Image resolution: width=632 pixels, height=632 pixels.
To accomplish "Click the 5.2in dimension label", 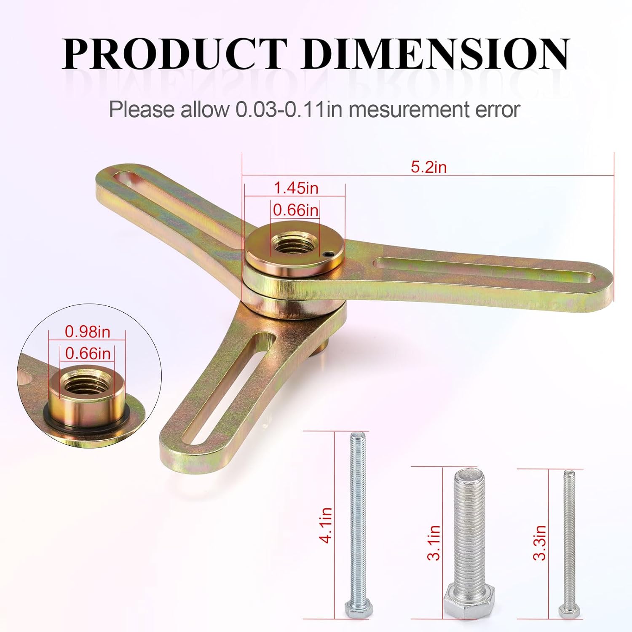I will pos(428,167).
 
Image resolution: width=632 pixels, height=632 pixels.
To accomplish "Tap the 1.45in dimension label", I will pos(296,188).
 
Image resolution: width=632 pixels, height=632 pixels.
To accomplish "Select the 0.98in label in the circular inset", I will pos(87,332).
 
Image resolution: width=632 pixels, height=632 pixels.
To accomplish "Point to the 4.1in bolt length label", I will pos(327,525).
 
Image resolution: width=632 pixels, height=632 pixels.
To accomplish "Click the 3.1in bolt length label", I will pos(434,543).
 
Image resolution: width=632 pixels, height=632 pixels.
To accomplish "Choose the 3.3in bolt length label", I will pos(540,543).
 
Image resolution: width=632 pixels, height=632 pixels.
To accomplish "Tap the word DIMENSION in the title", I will pos(436,54).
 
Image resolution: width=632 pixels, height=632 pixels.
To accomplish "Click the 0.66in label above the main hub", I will pos(296,210).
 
